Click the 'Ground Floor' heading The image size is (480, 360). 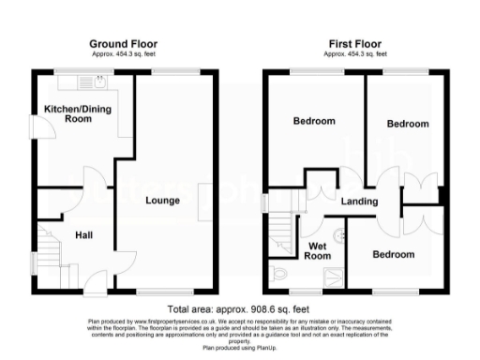pyautogui.click(x=123, y=44)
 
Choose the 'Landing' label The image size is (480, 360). pyautogui.click(x=359, y=202)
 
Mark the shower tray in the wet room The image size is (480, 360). pyautogui.click(x=332, y=274)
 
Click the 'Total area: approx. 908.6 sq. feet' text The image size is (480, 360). pyautogui.click(x=238, y=309)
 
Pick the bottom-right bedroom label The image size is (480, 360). pyautogui.click(x=393, y=254)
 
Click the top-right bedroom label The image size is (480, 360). pyautogui.click(x=408, y=124)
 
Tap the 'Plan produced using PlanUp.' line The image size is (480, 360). pyautogui.click(x=239, y=347)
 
